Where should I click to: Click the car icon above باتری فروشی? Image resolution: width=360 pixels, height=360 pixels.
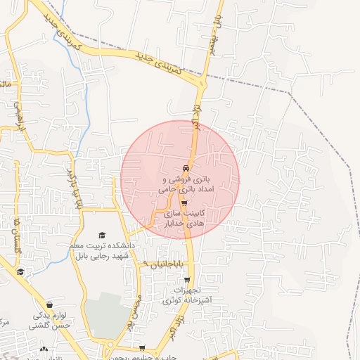(185, 169)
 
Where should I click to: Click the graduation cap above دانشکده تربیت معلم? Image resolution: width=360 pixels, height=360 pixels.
(102, 234)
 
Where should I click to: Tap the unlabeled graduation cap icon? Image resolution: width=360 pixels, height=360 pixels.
(20, 272)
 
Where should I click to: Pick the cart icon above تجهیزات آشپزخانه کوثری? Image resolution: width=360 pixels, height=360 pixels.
(186, 280)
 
